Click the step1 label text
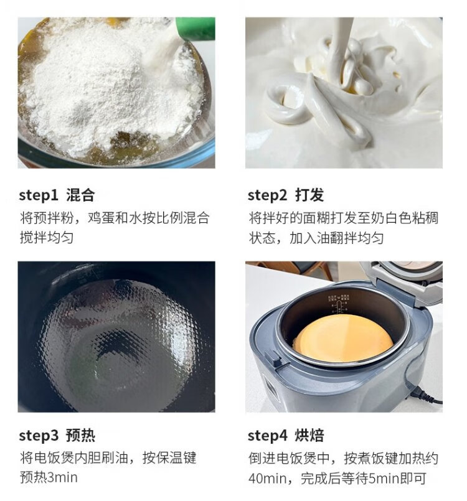tap(39, 195)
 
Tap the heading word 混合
tap(80, 195)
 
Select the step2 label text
tap(268, 195)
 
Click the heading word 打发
tap(309, 195)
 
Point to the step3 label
tap(39, 436)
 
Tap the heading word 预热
tap(80, 435)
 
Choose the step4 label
tap(268, 436)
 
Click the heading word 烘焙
tap(309, 435)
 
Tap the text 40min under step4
tap(267, 479)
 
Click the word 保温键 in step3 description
tap(176, 458)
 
